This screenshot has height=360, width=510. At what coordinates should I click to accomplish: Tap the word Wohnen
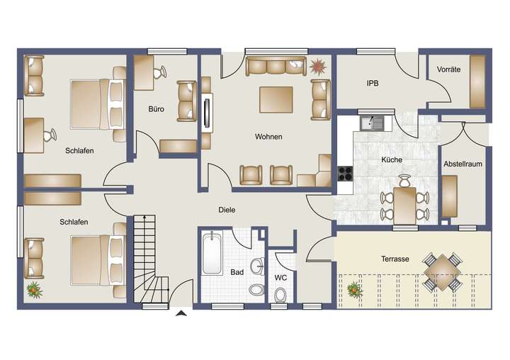[270, 137]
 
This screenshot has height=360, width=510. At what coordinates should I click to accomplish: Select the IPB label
[373, 83]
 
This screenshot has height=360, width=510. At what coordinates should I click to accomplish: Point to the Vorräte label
[448, 70]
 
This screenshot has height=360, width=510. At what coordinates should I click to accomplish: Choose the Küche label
[391, 160]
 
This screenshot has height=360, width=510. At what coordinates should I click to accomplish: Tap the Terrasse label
[395, 259]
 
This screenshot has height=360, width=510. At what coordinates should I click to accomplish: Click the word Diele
[226, 210]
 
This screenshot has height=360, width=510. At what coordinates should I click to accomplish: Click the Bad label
[237, 271]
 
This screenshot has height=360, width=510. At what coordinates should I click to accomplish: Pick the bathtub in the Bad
[212, 253]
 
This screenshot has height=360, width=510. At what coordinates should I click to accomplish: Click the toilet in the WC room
[281, 294]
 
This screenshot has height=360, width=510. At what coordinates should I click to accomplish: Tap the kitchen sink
[371, 123]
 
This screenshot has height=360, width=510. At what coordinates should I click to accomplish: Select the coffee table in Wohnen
[276, 99]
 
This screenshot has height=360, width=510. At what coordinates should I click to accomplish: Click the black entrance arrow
[181, 313]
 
